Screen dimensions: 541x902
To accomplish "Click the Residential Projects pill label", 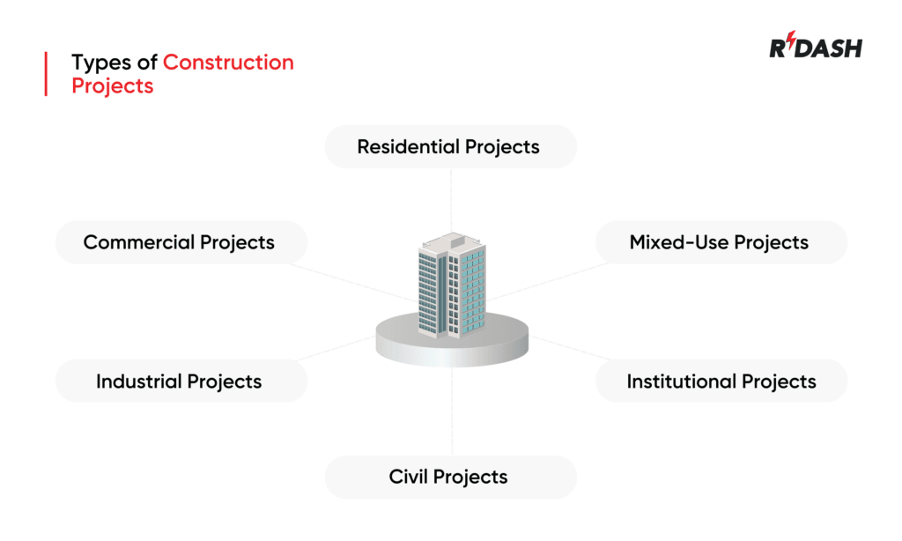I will pyautogui.click(x=449, y=146).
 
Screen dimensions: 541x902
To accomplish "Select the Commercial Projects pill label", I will pyautogui.click(x=180, y=242).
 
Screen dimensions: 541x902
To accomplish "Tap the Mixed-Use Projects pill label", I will pyautogui.click(x=719, y=242).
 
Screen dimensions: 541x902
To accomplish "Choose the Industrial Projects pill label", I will pyautogui.click(x=180, y=382).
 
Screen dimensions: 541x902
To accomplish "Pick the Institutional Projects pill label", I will pyautogui.click(x=721, y=382).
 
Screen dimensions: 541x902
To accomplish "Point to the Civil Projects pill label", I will pyautogui.click(x=449, y=477).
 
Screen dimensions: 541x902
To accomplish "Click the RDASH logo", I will pyautogui.click(x=816, y=48).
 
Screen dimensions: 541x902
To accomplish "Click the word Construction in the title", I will pyautogui.click(x=228, y=63).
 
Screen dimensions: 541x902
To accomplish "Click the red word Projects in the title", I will pyautogui.click(x=112, y=85).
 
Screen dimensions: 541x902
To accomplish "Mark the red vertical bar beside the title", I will pyautogui.click(x=46, y=74).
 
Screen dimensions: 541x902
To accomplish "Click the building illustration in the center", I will pyautogui.click(x=451, y=285).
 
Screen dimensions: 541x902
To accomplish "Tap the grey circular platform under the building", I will pyautogui.click(x=452, y=347).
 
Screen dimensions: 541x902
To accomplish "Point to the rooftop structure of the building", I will pyautogui.click(x=450, y=239).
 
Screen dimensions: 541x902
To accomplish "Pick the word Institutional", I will pyautogui.click(x=681, y=382).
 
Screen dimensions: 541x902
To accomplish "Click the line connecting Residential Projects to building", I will pyautogui.click(x=451, y=198).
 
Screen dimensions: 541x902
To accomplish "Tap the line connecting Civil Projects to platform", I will pyautogui.click(x=452, y=414).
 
